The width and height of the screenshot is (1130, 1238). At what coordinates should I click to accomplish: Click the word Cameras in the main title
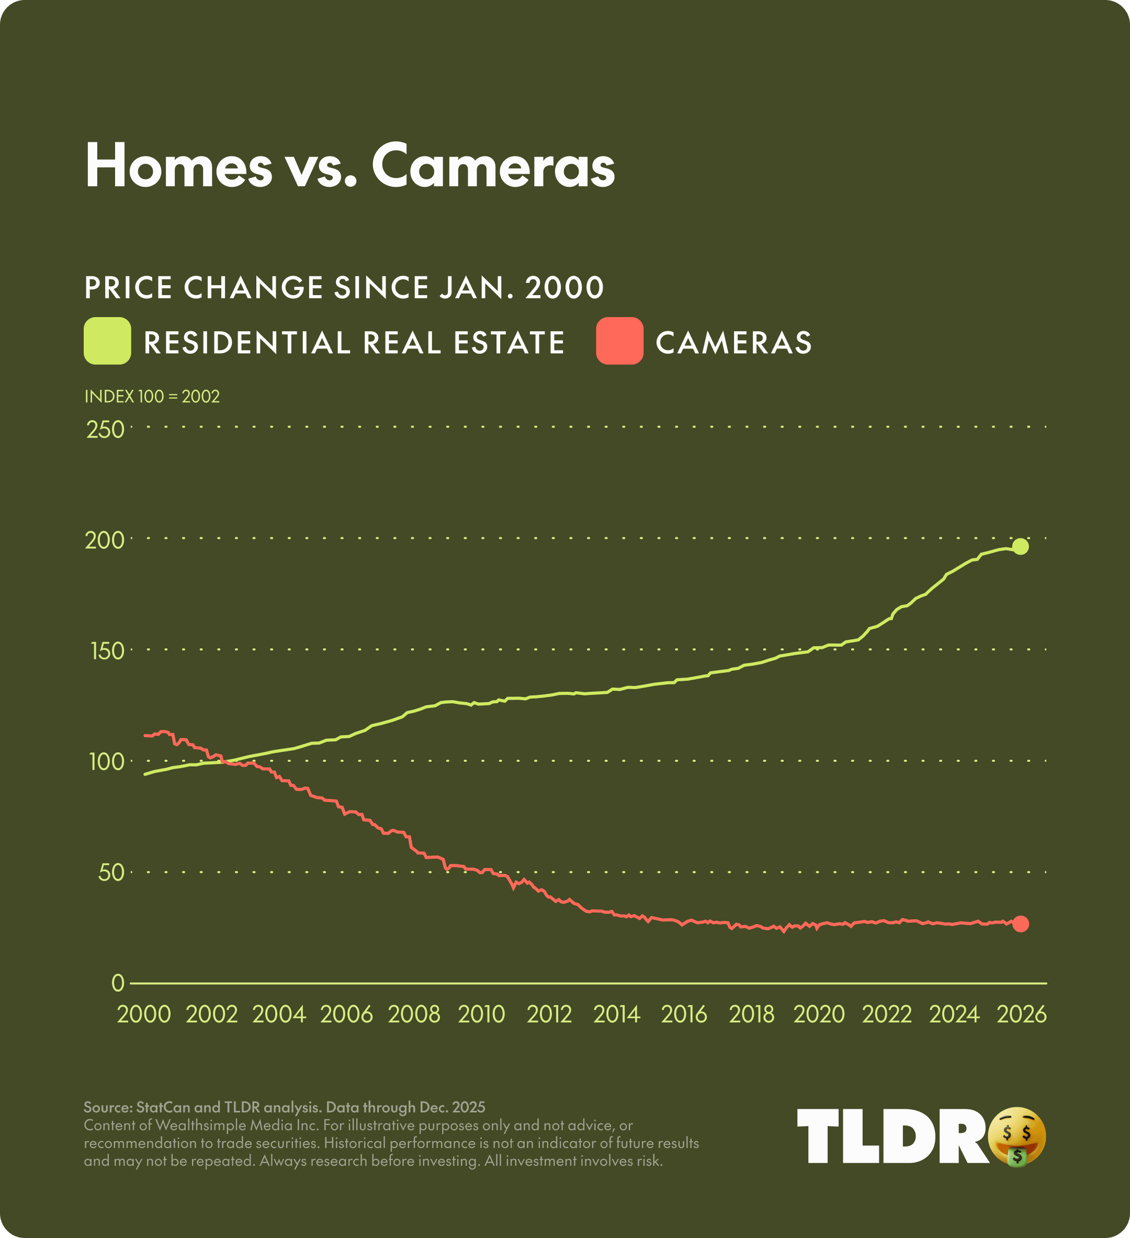point(493,166)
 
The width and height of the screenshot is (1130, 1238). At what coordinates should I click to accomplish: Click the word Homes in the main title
point(178,166)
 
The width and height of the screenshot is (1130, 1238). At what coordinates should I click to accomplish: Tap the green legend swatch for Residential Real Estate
point(107,341)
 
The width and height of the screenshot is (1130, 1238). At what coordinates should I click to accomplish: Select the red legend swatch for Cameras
point(619,341)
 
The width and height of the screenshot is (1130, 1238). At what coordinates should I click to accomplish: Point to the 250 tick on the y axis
point(106,430)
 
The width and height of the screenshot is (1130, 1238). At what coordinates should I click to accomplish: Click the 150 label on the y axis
point(107,651)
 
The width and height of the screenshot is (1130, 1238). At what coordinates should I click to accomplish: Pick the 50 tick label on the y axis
point(111,873)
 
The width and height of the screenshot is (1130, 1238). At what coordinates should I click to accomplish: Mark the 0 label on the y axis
point(118,983)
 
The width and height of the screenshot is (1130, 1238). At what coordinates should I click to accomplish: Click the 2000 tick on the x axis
point(144,1015)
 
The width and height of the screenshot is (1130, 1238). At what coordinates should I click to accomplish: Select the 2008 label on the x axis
point(414,1015)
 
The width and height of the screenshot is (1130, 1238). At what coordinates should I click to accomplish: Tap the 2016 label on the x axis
point(684,1015)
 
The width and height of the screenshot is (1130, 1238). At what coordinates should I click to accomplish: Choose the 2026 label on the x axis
point(1021,1015)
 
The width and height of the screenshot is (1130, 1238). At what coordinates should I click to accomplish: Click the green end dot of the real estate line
point(1020,547)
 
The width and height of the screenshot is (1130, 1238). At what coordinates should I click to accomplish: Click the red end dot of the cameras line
point(1020,924)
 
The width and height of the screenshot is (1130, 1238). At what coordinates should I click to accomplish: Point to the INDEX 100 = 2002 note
point(152,397)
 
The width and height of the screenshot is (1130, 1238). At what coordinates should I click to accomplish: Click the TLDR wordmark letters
point(890,1136)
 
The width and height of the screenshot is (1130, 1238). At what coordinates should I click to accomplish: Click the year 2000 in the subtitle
point(564,287)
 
